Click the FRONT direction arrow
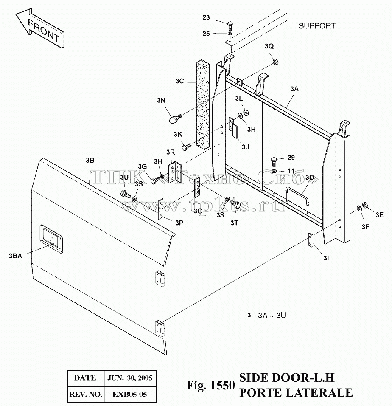[x=39, y=29]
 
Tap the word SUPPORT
[x=317, y=26]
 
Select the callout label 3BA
[x=15, y=256]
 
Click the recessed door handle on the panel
[x=51, y=239]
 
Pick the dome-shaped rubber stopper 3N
[x=174, y=119]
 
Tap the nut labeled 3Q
[x=276, y=62]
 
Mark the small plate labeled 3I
[x=310, y=239]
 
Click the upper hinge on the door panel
[x=160, y=279]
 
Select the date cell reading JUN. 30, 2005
[x=130, y=378]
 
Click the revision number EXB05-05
[x=129, y=395]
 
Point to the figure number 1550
[x=223, y=386]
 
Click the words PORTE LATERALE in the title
[x=296, y=392]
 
